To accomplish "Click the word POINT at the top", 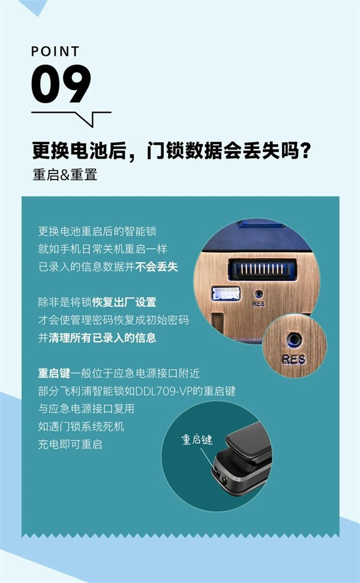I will (55, 52).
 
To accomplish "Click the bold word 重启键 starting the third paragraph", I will (54, 373).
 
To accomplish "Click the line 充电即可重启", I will (70, 445).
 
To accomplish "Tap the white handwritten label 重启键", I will (197, 440).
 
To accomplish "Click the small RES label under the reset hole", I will (259, 304).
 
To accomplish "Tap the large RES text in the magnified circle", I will (295, 359).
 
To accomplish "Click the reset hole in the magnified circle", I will (294, 339).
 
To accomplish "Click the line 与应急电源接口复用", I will (86, 409).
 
